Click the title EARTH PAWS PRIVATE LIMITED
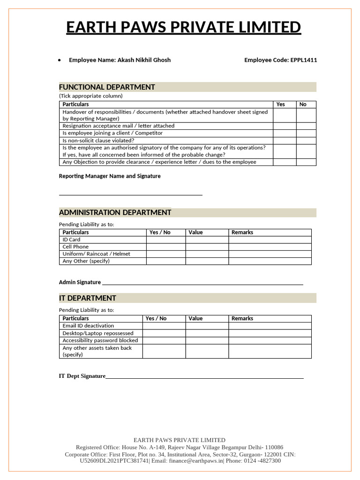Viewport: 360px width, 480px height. (183, 28)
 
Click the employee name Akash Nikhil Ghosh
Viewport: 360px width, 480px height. (144, 60)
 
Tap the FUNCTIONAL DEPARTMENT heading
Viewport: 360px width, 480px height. (107, 87)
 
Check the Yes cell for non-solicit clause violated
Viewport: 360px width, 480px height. (285, 141)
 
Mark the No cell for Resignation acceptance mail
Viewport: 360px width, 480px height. (306, 126)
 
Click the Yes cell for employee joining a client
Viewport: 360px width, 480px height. (285, 133)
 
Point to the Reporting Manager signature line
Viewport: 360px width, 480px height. (130, 194)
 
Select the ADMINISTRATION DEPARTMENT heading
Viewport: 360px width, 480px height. (115, 212)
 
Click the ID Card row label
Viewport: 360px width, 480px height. (71, 240)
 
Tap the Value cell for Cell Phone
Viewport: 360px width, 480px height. (207, 247)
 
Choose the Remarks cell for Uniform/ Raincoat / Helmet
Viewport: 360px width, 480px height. (270, 254)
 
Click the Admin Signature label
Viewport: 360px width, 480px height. (80, 282)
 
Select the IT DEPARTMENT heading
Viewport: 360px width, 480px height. (88, 298)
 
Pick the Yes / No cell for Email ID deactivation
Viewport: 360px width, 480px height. (164, 326)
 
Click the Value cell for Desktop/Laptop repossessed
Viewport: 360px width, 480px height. (207, 333)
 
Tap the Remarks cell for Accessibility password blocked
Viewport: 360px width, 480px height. (270, 340)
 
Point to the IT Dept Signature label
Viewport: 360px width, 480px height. (82, 376)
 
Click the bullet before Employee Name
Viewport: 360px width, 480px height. (59, 60)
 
